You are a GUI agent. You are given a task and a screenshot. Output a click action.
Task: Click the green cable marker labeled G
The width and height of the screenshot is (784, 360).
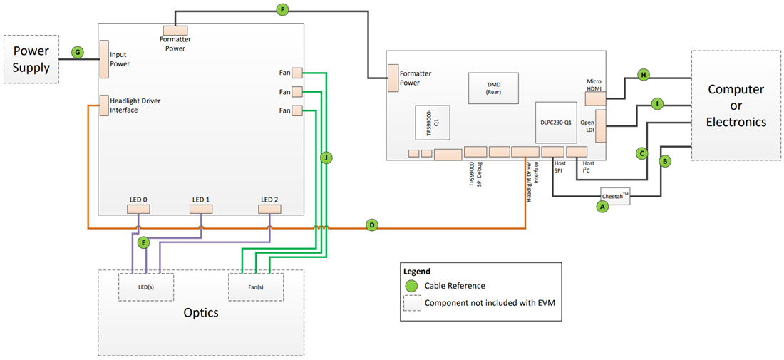click(x=78, y=52)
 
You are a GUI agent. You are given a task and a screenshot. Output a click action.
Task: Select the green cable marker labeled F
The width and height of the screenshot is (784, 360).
click(x=283, y=10)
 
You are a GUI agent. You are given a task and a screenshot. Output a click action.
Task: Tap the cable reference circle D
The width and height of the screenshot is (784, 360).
click(x=371, y=225)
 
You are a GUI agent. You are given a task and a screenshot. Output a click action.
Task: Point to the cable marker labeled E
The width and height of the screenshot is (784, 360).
click(x=144, y=242)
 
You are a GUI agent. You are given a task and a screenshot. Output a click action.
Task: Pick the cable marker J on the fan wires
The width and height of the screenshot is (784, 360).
click(x=326, y=158)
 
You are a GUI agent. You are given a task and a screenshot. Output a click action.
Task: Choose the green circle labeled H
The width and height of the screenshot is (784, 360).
click(x=644, y=75)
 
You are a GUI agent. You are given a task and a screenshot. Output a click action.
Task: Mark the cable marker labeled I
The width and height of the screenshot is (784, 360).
click(x=657, y=105)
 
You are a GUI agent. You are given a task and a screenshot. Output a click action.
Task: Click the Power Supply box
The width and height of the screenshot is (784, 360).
click(x=31, y=60)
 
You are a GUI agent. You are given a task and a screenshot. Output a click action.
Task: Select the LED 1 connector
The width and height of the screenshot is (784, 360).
click(x=200, y=209)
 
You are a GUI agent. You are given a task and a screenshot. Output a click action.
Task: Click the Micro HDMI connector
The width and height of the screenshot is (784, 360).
click(x=595, y=99)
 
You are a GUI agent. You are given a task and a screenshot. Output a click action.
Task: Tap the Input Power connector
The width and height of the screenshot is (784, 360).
click(x=103, y=59)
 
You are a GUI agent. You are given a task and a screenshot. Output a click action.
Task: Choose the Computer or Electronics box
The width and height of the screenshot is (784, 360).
click(x=736, y=106)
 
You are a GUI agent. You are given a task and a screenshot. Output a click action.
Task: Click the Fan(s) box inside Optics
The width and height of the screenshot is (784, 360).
click(x=255, y=287)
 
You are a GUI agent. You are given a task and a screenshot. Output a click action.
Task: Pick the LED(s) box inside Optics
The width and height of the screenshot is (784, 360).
click(x=146, y=287)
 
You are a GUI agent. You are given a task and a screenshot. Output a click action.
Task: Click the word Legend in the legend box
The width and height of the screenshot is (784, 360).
click(x=417, y=272)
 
